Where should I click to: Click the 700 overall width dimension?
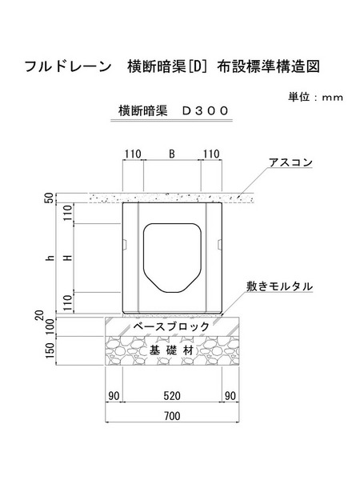(172, 416)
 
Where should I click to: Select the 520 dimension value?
(172, 396)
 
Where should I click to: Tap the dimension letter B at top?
(172, 154)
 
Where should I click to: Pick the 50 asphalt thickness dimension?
(50, 198)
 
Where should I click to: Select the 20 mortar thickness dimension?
(40, 315)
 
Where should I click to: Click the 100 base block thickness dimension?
(50, 326)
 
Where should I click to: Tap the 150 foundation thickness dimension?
(50, 350)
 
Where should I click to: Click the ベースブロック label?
(171, 326)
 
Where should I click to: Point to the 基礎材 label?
(172, 350)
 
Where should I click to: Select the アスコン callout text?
(290, 162)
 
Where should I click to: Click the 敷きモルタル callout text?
(280, 286)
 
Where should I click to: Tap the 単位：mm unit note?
(315, 97)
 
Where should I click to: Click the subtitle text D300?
(206, 110)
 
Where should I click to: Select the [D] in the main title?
(197, 66)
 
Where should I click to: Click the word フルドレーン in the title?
(67, 66)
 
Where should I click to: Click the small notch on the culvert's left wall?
(125, 244)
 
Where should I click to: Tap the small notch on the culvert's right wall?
(219, 244)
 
